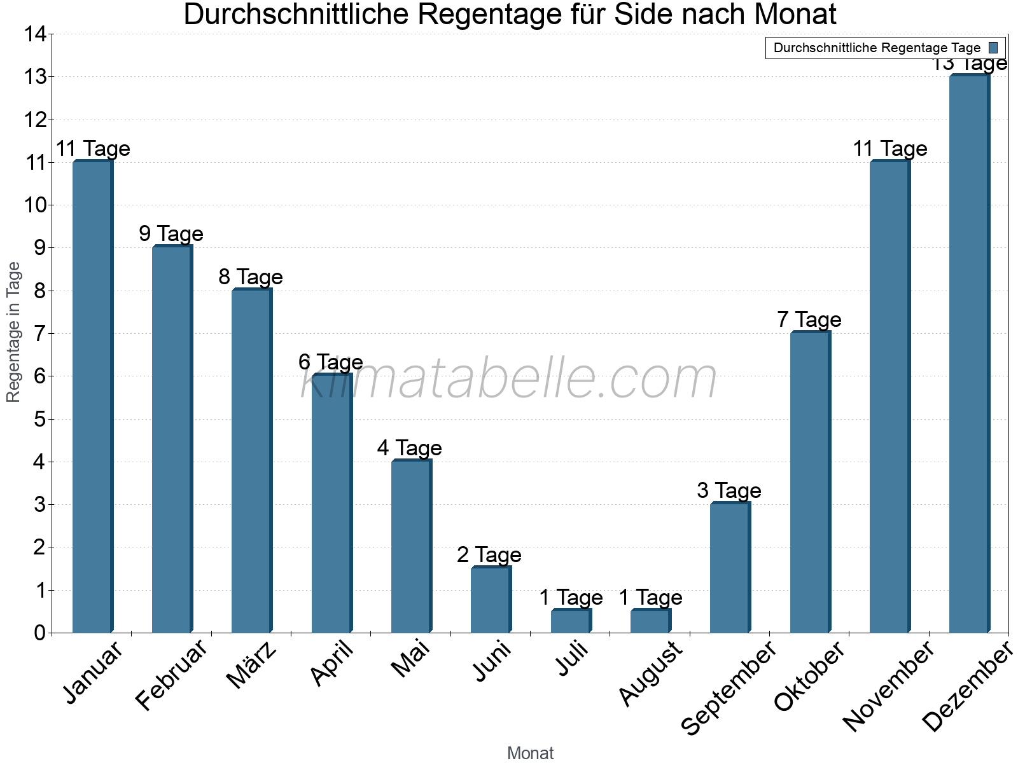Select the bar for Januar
coord(92,397)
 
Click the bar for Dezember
coord(968,354)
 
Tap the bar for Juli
coord(571,621)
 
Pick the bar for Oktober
coord(809,483)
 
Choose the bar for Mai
coord(410,547)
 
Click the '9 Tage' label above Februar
coord(171,233)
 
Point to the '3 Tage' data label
coord(729,490)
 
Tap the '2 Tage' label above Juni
coord(489,555)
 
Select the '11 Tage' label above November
coord(889,148)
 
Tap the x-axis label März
coord(252,665)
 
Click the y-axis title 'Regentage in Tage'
coord(13,332)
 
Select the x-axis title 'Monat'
coord(530,753)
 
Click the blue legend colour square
coord(993,48)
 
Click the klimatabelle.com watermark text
coord(509,379)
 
